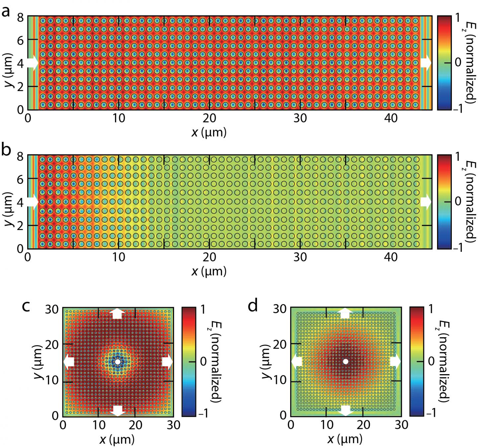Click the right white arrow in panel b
pos(426,202)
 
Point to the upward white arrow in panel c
pos(118,313)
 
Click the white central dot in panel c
pos(118,362)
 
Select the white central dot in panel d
pos(346,361)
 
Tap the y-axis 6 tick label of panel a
pos(21,39)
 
